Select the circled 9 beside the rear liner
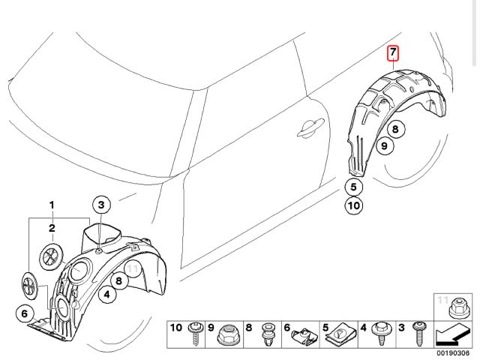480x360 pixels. click(x=383, y=146)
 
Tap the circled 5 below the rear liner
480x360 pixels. click(x=355, y=187)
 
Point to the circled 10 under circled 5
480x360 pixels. click(x=355, y=205)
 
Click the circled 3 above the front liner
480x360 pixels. click(x=102, y=204)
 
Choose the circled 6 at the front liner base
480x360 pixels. click(x=25, y=313)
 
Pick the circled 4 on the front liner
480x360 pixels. click(x=107, y=295)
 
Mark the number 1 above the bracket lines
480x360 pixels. click(x=52, y=205)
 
